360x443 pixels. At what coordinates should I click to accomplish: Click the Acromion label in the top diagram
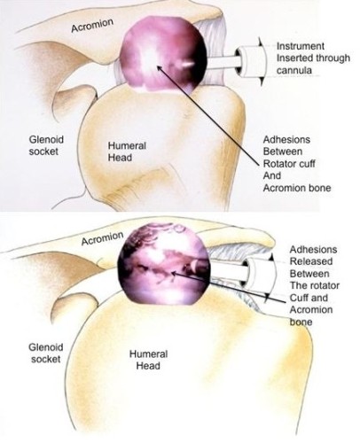(x=92, y=26)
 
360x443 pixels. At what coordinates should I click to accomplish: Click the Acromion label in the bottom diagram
(x=102, y=238)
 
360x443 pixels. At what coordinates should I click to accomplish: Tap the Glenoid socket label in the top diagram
(x=46, y=145)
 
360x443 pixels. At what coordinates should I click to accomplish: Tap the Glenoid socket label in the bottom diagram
(x=46, y=354)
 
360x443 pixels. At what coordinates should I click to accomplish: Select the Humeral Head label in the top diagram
(x=127, y=152)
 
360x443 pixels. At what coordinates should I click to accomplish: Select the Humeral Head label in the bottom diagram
(x=148, y=360)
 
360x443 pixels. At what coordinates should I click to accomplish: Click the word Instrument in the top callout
(x=301, y=46)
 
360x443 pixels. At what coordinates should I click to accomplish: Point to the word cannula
(x=294, y=70)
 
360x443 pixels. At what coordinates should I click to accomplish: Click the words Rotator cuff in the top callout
(x=289, y=163)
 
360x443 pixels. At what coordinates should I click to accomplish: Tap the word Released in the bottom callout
(x=311, y=261)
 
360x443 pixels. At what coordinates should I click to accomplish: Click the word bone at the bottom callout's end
(x=301, y=322)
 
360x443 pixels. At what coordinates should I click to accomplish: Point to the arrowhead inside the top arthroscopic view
(x=160, y=68)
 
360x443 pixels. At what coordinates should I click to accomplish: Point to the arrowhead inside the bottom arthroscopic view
(x=175, y=275)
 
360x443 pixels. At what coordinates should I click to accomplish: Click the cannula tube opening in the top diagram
(x=239, y=61)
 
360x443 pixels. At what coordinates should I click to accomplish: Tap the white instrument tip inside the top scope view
(x=187, y=64)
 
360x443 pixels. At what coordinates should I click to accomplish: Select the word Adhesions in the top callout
(x=286, y=139)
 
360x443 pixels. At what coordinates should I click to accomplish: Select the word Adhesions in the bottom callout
(x=313, y=250)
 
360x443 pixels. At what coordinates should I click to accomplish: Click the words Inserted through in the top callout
(x=313, y=58)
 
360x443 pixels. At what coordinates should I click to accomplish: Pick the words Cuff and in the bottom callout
(x=309, y=298)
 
